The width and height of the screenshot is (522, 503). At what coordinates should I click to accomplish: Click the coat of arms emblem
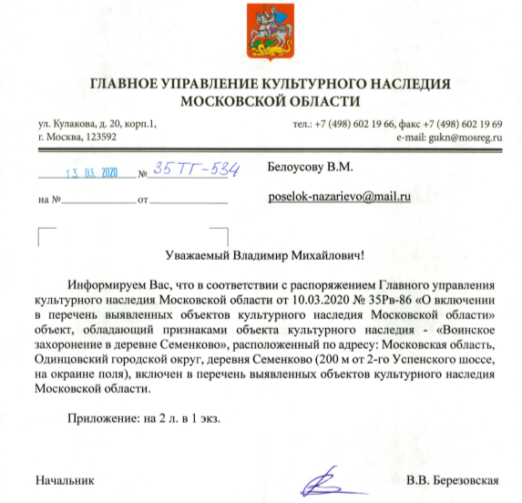pyautogui.click(x=261, y=34)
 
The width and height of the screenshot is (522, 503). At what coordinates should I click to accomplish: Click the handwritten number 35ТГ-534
pyautogui.click(x=197, y=169)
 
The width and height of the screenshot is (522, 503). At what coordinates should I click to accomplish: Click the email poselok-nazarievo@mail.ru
pyautogui.click(x=342, y=196)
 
